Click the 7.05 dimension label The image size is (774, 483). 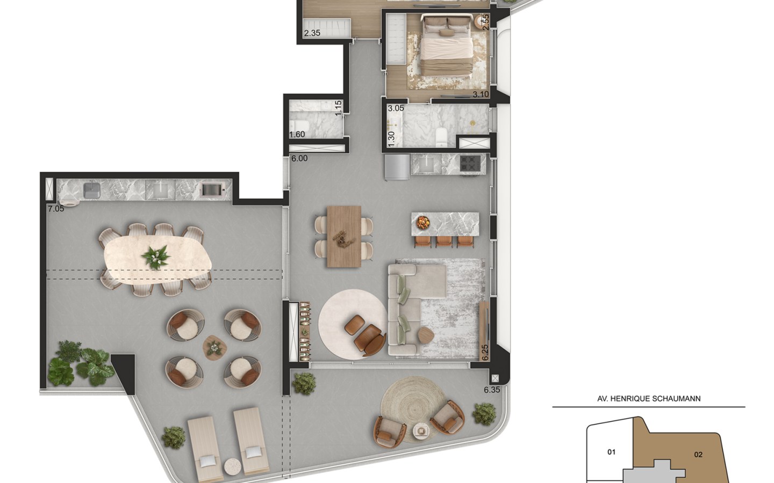click(x=56, y=209)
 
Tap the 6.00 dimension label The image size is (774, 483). click(x=299, y=159)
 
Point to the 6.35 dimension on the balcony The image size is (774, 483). click(x=492, y=390)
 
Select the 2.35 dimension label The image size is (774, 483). click(x=312, y=33)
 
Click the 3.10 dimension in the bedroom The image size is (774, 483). click(x=481, y=94)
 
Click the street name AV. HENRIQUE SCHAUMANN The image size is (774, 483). click(x=649, y=399)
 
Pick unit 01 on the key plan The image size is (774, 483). click(x=611, y=452)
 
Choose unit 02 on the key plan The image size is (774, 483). click(x=698, y=455)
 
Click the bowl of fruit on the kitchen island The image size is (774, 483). click(x=422, y=223)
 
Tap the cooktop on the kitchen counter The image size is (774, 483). click(x=470, y=163)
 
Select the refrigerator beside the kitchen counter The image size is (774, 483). click(x=397, y=167)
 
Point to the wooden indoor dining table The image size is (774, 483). click(x=344, y=237)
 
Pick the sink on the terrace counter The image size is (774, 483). click(x=92, y=191)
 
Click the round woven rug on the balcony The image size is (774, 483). click(x=413, y=409)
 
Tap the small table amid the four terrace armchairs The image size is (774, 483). click(x=215, y=348)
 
